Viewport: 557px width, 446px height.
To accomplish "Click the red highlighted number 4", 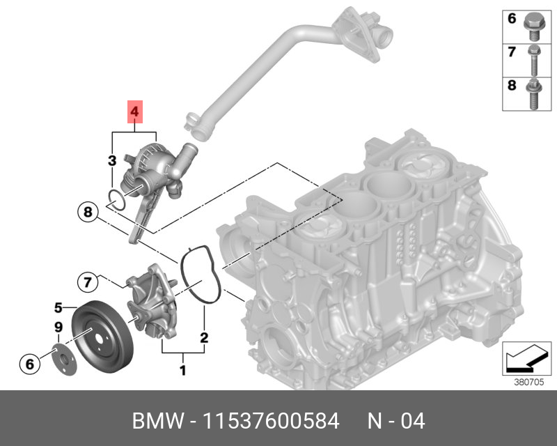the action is pos(134,111).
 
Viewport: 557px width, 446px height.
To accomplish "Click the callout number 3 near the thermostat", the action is pos(111,162).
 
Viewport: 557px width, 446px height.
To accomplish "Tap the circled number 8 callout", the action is pos(86,211).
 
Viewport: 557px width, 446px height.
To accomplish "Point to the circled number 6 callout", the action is pos(29,363).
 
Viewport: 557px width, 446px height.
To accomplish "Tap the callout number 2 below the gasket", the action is pos(204,338).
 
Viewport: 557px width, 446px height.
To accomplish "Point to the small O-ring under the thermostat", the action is pos(118,200).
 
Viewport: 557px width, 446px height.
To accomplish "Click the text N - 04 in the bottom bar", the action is pos(396,421).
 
